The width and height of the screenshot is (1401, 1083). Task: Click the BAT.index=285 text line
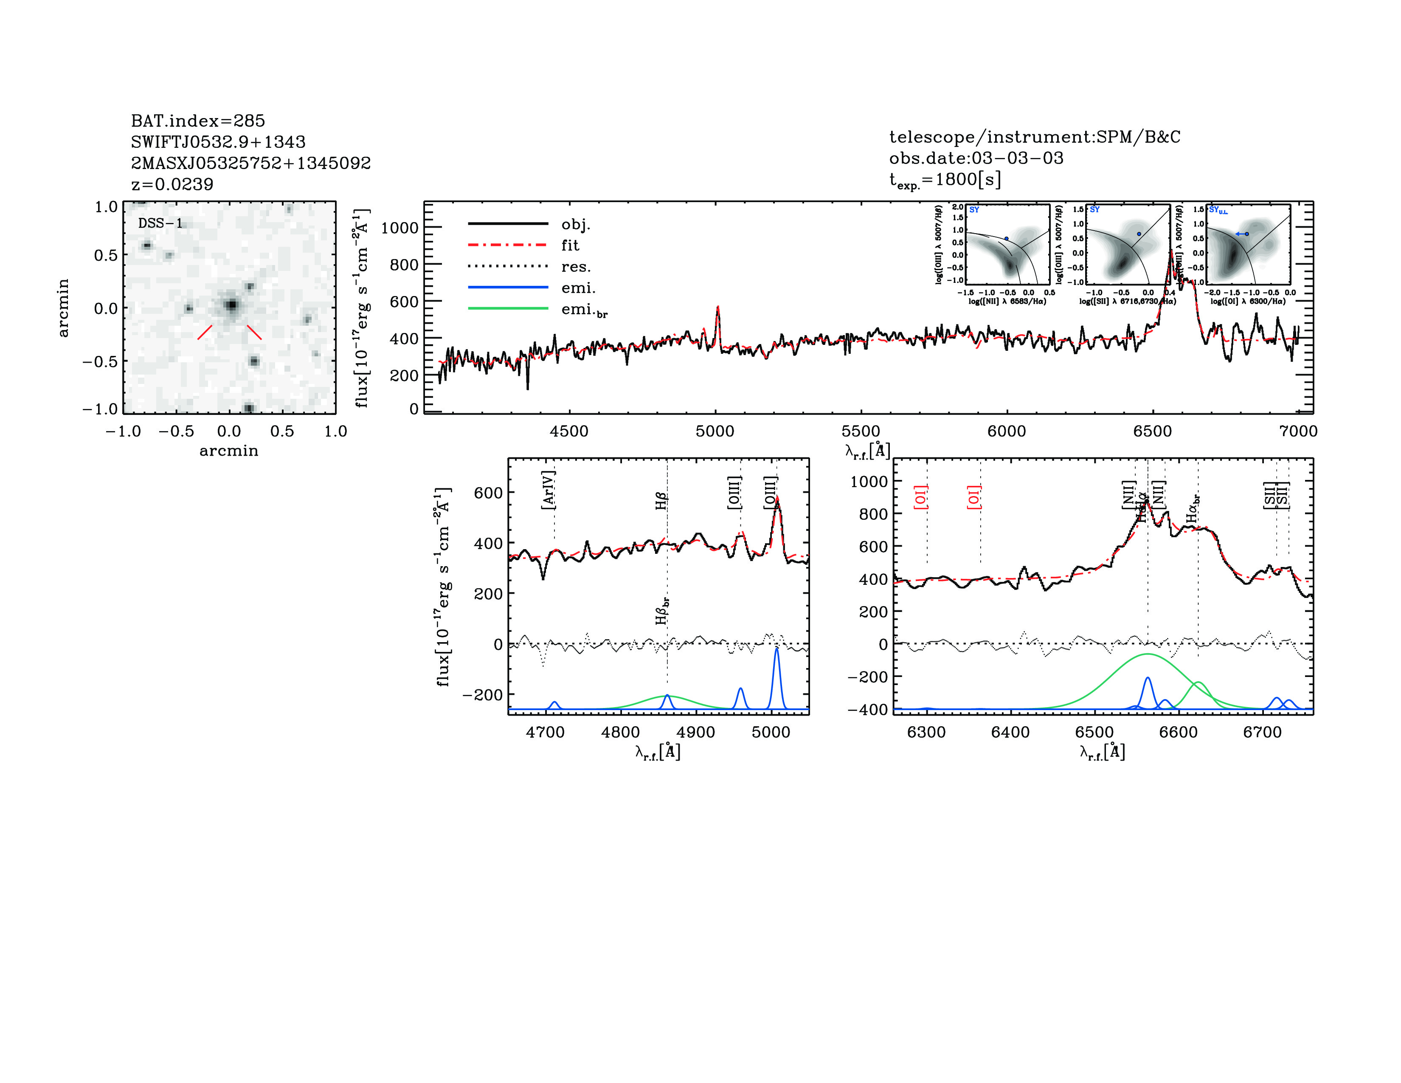pyautogui.click(x=197, y=121)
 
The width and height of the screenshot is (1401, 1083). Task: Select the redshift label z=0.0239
pyautogui.click(x=172, y=185)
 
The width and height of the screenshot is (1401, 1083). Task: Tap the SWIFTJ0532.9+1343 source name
pyautogui.click(x=218, y=142)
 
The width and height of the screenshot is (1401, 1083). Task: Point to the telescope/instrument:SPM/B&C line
pyautogui.click(x=1034, y=137)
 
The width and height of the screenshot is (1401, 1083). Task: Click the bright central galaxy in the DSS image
pyautogui.click(x=231, y=305)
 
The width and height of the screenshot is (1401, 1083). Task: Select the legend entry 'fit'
pyautogui.click(x=570, y=245)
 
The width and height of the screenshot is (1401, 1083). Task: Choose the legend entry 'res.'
pyautogui.click(x=575, y=266)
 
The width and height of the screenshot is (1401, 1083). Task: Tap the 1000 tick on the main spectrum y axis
pyautogui.click(x=399, y=228)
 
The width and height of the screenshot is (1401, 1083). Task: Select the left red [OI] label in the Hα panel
pyautogui.click(x=920, y=497)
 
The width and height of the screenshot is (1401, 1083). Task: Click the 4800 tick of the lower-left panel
pyautogui.click(x=620, y=732)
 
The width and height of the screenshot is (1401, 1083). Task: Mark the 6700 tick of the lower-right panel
pyautogui.click(x=1262, y=732)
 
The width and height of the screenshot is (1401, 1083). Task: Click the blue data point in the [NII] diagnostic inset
pyautogui.click(x=1007, y=239)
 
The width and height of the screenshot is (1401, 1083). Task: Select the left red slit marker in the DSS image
pyautogui.click(x=205, y=332)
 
